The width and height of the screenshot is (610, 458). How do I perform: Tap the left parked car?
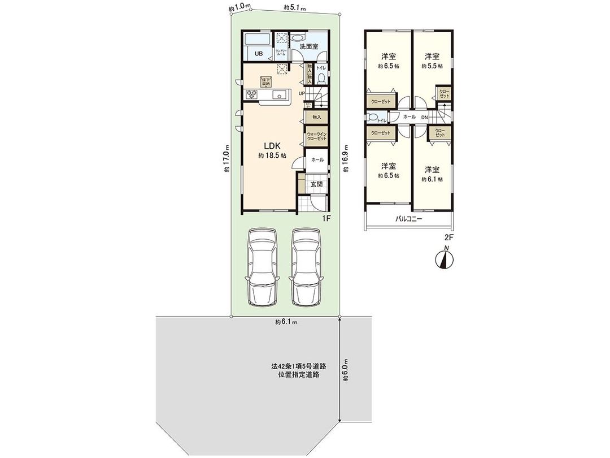(262, 267)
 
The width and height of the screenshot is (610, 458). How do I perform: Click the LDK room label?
(270, 145)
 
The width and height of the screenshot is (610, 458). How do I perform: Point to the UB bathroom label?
(258, 54)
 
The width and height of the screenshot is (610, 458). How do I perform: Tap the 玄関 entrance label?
(316, 184)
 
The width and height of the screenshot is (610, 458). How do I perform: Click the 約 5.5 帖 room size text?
(432, 66)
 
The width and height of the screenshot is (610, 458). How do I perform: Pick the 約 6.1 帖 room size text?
(432, 179)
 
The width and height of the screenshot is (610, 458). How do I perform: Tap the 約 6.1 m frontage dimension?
(286, 322)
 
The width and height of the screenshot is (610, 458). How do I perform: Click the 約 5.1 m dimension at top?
(294, 8)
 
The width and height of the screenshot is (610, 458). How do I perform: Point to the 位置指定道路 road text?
(298, 375)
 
